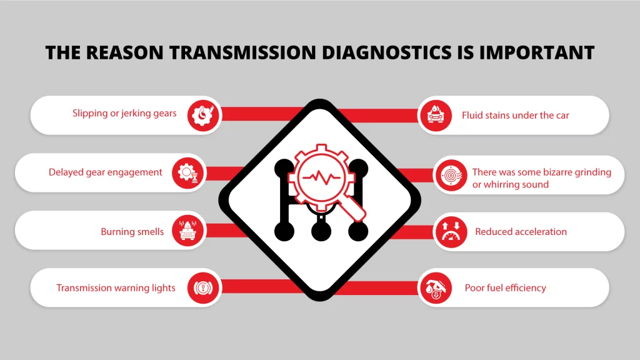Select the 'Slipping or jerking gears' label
(x=124, y=114)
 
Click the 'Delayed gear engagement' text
(x=106, y=172)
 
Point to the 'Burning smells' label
(x=132, y=232)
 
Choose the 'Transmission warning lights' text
(x=116, y=288)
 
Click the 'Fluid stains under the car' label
(x=516, y=115)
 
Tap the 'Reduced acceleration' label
(x=521, y=232)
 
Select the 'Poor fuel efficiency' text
(x=505, y=288)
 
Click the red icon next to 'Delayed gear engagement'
(x=189, y=172)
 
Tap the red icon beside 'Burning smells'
(x=189, y=231)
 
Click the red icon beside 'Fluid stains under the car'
(x=435, y=115)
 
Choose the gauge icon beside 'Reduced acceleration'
(x=451, y=231)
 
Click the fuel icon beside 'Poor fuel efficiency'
(x=435, y=288)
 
